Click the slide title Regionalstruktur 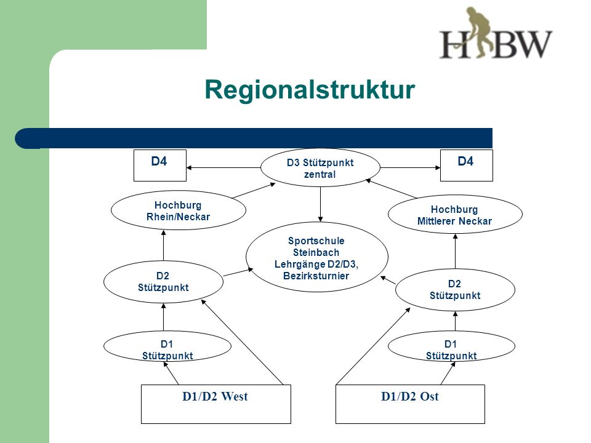(x=310, y=90)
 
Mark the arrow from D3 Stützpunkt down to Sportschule (x=320, y=204)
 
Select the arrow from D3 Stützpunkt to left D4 (x=223, y=167)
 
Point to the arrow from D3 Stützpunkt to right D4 (x=410, y=167)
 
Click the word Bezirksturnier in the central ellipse (x=316, y=276)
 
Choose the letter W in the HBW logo (x=531, y=44)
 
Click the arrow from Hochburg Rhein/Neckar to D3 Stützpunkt (x=254, y=191)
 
